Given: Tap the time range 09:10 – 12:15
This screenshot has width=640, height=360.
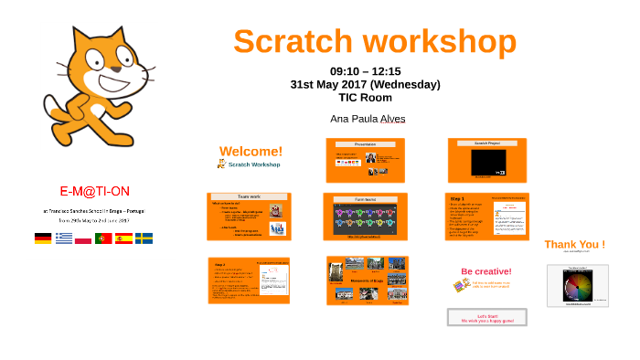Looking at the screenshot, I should (365, 71).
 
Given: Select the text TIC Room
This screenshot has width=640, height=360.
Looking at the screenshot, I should (365, 97).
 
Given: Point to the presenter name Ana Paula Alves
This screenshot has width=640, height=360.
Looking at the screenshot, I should (368, 119).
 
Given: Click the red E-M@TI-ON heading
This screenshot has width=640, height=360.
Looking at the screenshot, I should (94, 191).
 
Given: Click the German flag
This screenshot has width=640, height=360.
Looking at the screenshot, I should (43, 238).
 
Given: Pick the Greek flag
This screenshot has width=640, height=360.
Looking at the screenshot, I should (63, 238).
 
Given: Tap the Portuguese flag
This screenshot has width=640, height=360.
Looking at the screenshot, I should (103, 238).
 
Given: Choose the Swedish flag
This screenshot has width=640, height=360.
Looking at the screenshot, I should (144, 238).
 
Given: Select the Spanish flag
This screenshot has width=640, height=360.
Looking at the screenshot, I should (123, 238).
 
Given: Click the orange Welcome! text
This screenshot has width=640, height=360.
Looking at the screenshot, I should (251, 151).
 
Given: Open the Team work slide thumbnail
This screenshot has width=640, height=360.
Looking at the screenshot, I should (249, 217).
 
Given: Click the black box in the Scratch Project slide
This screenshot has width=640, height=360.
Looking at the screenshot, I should (488, 163).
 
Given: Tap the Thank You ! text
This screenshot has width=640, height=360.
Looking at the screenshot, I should (574, 244).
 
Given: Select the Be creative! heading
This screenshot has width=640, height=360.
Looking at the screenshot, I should (485, 271).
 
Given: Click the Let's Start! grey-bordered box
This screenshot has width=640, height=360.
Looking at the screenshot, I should (486, 317).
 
